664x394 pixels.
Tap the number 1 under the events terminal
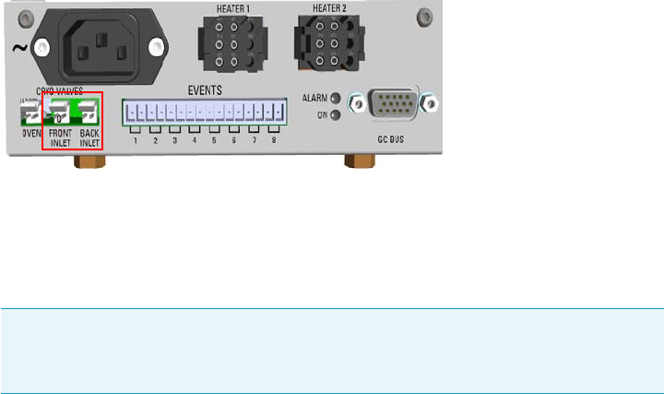(x=135, y=140)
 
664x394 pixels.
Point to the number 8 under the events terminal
(x=273, y=140)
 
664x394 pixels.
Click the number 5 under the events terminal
(x=214, y=140)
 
